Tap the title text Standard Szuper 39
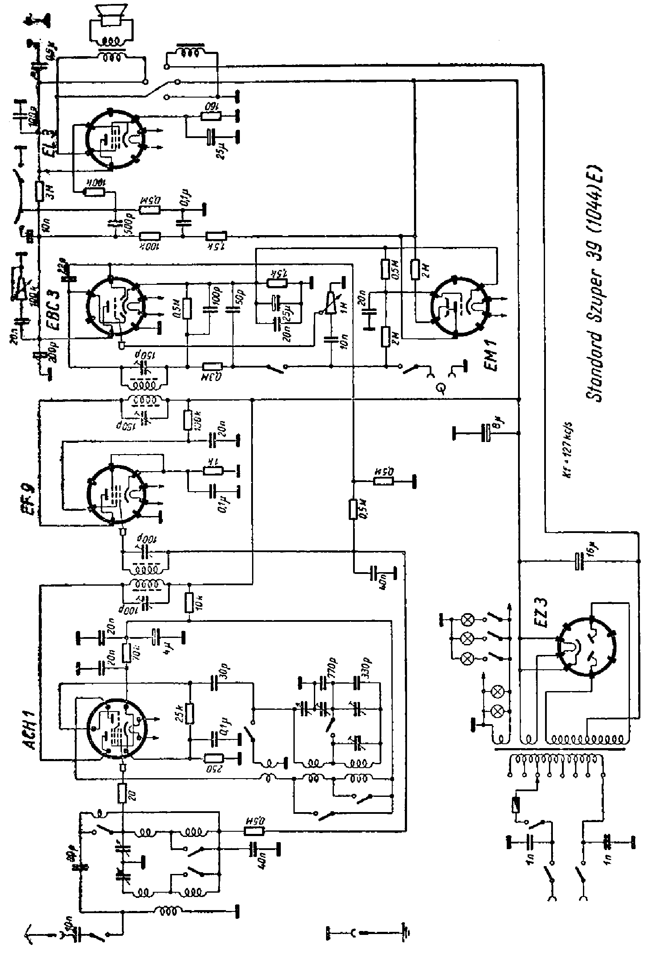pyautogui.click(x=594, y=283)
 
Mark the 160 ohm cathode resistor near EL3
pyautogui.click(x=211, y=116)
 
